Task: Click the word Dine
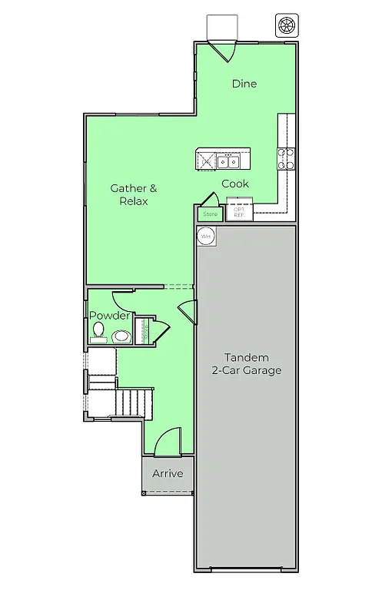(244, 84)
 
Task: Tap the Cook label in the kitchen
(234, 184)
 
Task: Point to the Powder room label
(109, 316)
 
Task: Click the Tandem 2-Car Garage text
(246, 363)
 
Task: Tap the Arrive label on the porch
(168, 473)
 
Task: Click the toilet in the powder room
(98, 332)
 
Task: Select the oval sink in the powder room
(121, 336)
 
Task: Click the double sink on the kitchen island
(228, 161)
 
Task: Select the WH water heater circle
(205, 237)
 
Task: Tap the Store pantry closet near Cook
(210, 214)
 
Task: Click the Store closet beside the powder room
(142, 331)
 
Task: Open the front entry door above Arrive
(167, 444)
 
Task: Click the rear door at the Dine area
(223, 50)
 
